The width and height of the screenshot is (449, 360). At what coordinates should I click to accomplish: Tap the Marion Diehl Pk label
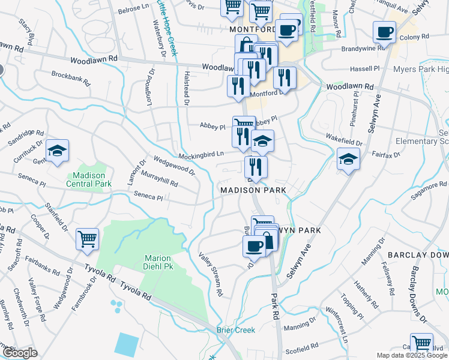coord(159,263)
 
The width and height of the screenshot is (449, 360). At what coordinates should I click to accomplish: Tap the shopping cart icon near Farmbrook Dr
coord(88,239)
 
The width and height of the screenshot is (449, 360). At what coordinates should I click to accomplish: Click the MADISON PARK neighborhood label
coord(253,190)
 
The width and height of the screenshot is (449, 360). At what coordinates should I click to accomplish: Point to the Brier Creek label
coord(236,330)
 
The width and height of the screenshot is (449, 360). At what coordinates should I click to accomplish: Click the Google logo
coord(19,353)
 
